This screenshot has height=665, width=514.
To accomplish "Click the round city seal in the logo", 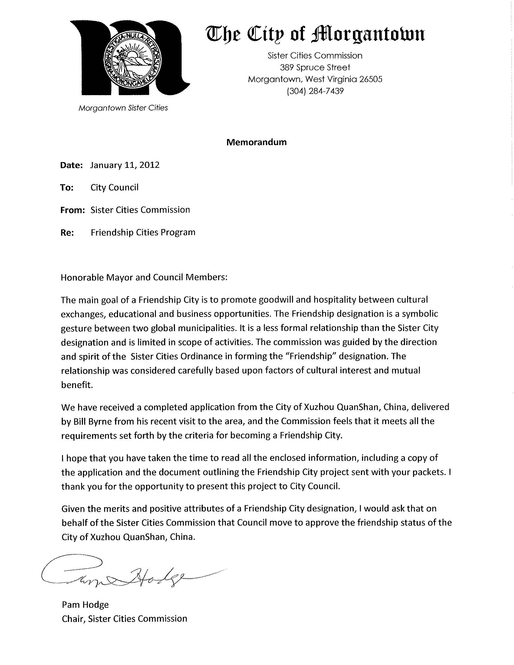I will [131, 61].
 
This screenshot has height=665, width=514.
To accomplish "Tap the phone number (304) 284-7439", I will [315, 91].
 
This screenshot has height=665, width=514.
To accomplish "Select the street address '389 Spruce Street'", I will [315, 67].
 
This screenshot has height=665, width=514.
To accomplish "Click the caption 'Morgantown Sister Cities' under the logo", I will [123, 108].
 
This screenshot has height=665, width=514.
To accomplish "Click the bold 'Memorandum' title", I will [256, 142].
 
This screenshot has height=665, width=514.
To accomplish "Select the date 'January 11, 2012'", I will [125, 165].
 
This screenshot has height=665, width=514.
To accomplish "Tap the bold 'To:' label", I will [67, 188].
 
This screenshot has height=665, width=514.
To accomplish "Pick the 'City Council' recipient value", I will [114, 187].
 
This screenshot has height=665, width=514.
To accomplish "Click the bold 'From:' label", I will [72, 210].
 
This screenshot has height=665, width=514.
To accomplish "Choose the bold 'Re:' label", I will [67, 233].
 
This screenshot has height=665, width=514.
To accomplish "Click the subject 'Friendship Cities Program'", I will [143, 233].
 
